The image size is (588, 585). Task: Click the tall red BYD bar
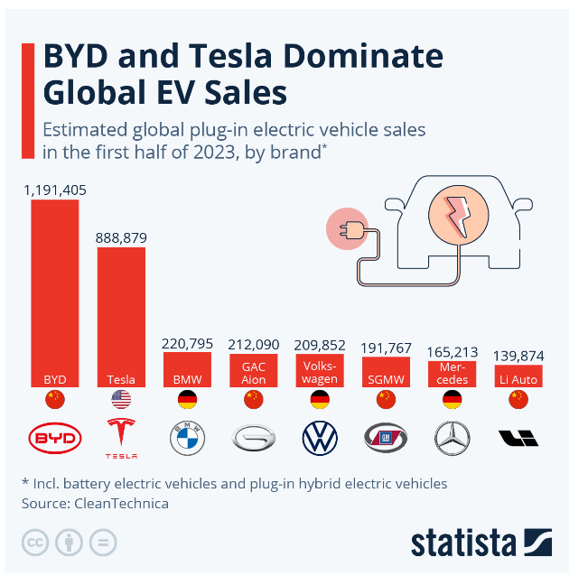click(55, 289)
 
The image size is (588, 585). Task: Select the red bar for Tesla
click(121, 311)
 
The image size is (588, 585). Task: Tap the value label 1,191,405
click(55, 190)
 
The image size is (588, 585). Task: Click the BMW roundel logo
click(188, 439)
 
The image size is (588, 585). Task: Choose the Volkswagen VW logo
click(320, 439)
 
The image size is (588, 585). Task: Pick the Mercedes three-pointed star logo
click(453, 439)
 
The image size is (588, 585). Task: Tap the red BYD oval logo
click(55, 439)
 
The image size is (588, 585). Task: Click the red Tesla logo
click(121, 437)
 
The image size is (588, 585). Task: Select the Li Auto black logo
click(518, 439)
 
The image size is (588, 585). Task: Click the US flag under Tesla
click(121, 400)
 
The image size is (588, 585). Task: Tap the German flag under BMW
click(188, 400)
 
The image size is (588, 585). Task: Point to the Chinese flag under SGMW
click(387, 400)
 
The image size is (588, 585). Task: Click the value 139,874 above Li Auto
click(518, 357)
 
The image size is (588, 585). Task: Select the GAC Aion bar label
click(254, 374)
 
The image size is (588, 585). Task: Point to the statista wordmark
click(463, 543)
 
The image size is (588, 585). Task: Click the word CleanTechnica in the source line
click(122, 503)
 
